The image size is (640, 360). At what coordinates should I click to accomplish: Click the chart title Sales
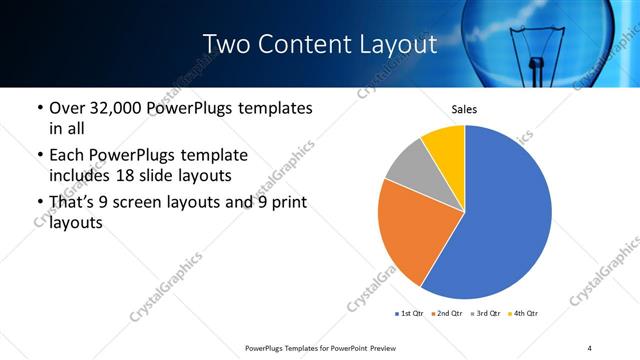click(464, 109)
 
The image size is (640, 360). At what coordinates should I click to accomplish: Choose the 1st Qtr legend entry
click(411, 314)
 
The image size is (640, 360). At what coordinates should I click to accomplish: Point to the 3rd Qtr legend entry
click(484, 314)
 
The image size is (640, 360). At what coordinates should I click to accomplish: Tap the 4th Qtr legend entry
click(523, 314)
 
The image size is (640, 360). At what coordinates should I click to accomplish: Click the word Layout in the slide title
click(394, 45)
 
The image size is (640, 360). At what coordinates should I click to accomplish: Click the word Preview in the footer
click(369, 347)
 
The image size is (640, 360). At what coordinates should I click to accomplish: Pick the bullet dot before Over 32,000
click(39, 108)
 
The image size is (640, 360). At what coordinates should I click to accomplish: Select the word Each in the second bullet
click(68, 156)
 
